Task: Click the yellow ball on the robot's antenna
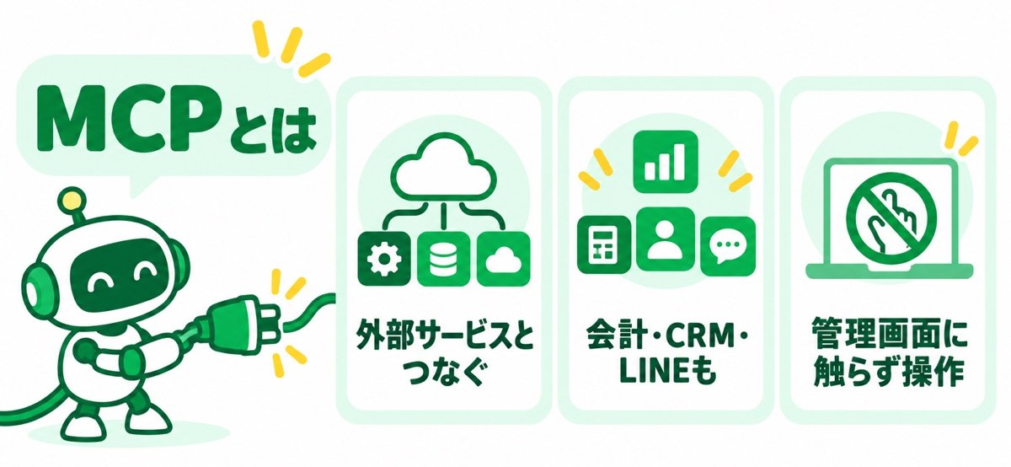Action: (72, 200)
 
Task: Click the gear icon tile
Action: (384, 259)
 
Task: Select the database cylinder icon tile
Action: (444, 259)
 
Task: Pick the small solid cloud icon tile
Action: (504, 259)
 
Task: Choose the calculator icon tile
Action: (604, 245)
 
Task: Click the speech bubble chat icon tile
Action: (728, 247)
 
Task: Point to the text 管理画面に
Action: (887, 336)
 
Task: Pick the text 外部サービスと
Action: (444, 336)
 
